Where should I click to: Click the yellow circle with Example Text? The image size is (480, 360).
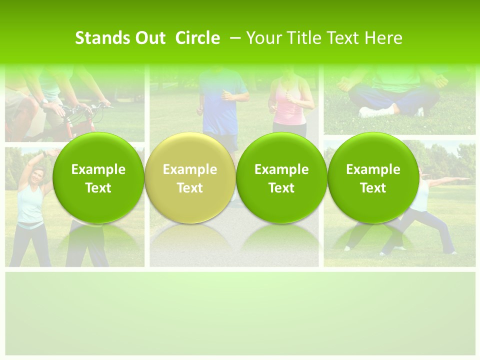pyautogui.click(x=190, y=178)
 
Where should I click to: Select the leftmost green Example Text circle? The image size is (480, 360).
pyautogui.click(x=98, y=178)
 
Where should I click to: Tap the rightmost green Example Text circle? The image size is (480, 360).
pyautogui.click(x=373, y=178)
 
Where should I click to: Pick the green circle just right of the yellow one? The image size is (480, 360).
pyautogui.click(x=281, y=178)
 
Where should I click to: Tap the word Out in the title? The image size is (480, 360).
pyautogui.click(x=148, y=38)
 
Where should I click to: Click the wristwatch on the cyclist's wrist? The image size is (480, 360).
pyautogui.click(x=44, y=101)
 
